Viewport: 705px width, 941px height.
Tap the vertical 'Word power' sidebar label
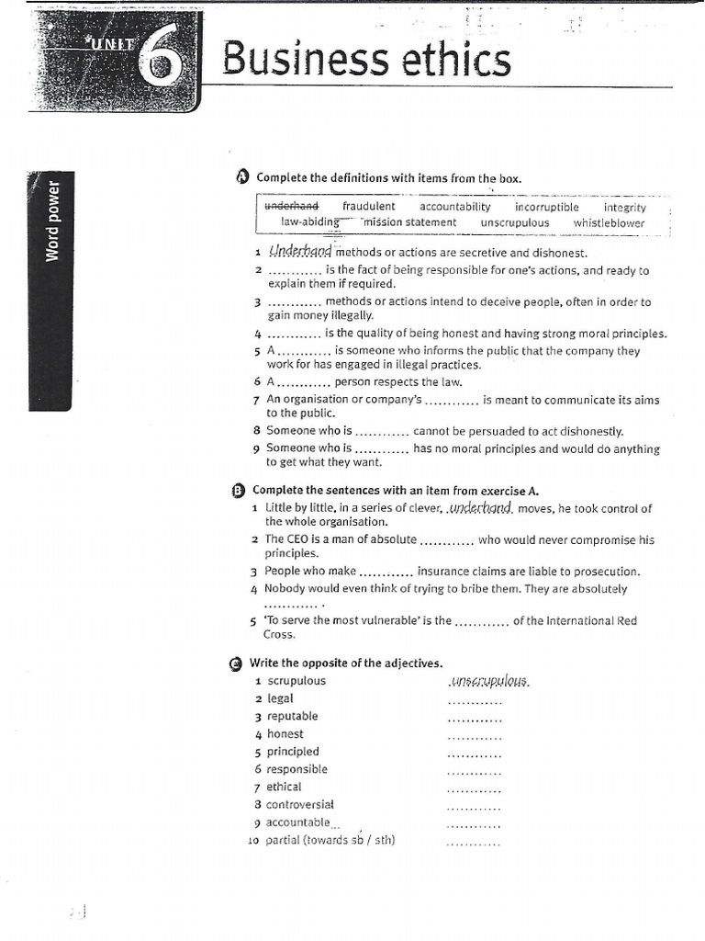point(52,221)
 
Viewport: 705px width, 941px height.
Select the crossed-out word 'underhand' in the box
point(291,207)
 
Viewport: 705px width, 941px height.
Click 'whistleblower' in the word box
point(609,222)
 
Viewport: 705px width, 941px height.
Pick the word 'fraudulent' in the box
point(368,207)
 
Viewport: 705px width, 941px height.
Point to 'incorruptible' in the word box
point(547,207)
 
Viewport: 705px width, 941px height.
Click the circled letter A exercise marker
point(242,177)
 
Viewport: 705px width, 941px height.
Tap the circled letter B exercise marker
point(239,491)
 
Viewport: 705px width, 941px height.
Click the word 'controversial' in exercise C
point(300,804)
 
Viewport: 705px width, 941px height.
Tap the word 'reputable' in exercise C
point(292,716)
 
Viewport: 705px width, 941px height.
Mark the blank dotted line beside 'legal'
point(474,701)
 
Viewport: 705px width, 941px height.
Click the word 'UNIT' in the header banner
point(114,43)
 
